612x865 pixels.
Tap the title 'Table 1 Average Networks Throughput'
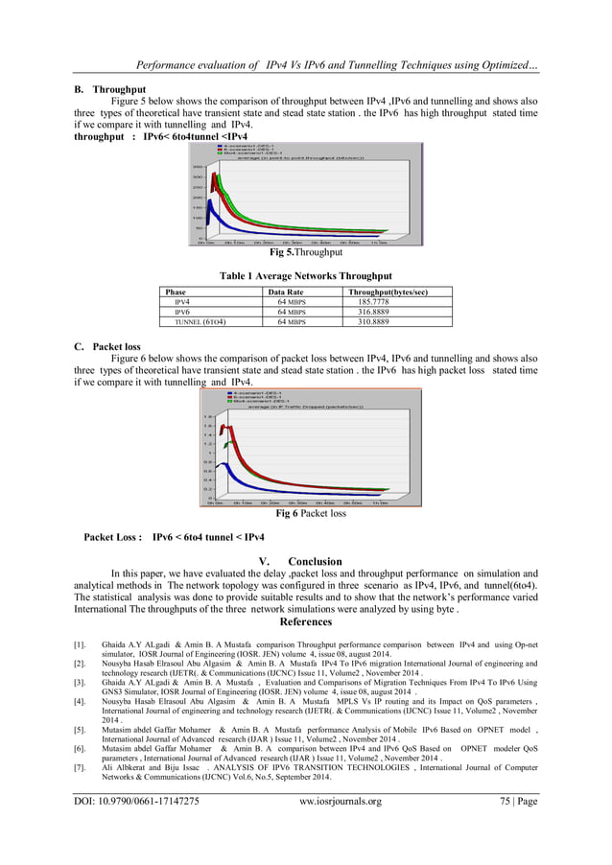pyautogui.click(x=305, y=275)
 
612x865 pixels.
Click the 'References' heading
pyautogui.click(x=306, y=620)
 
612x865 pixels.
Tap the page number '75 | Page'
pyautogui.click(x=513, y=800)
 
